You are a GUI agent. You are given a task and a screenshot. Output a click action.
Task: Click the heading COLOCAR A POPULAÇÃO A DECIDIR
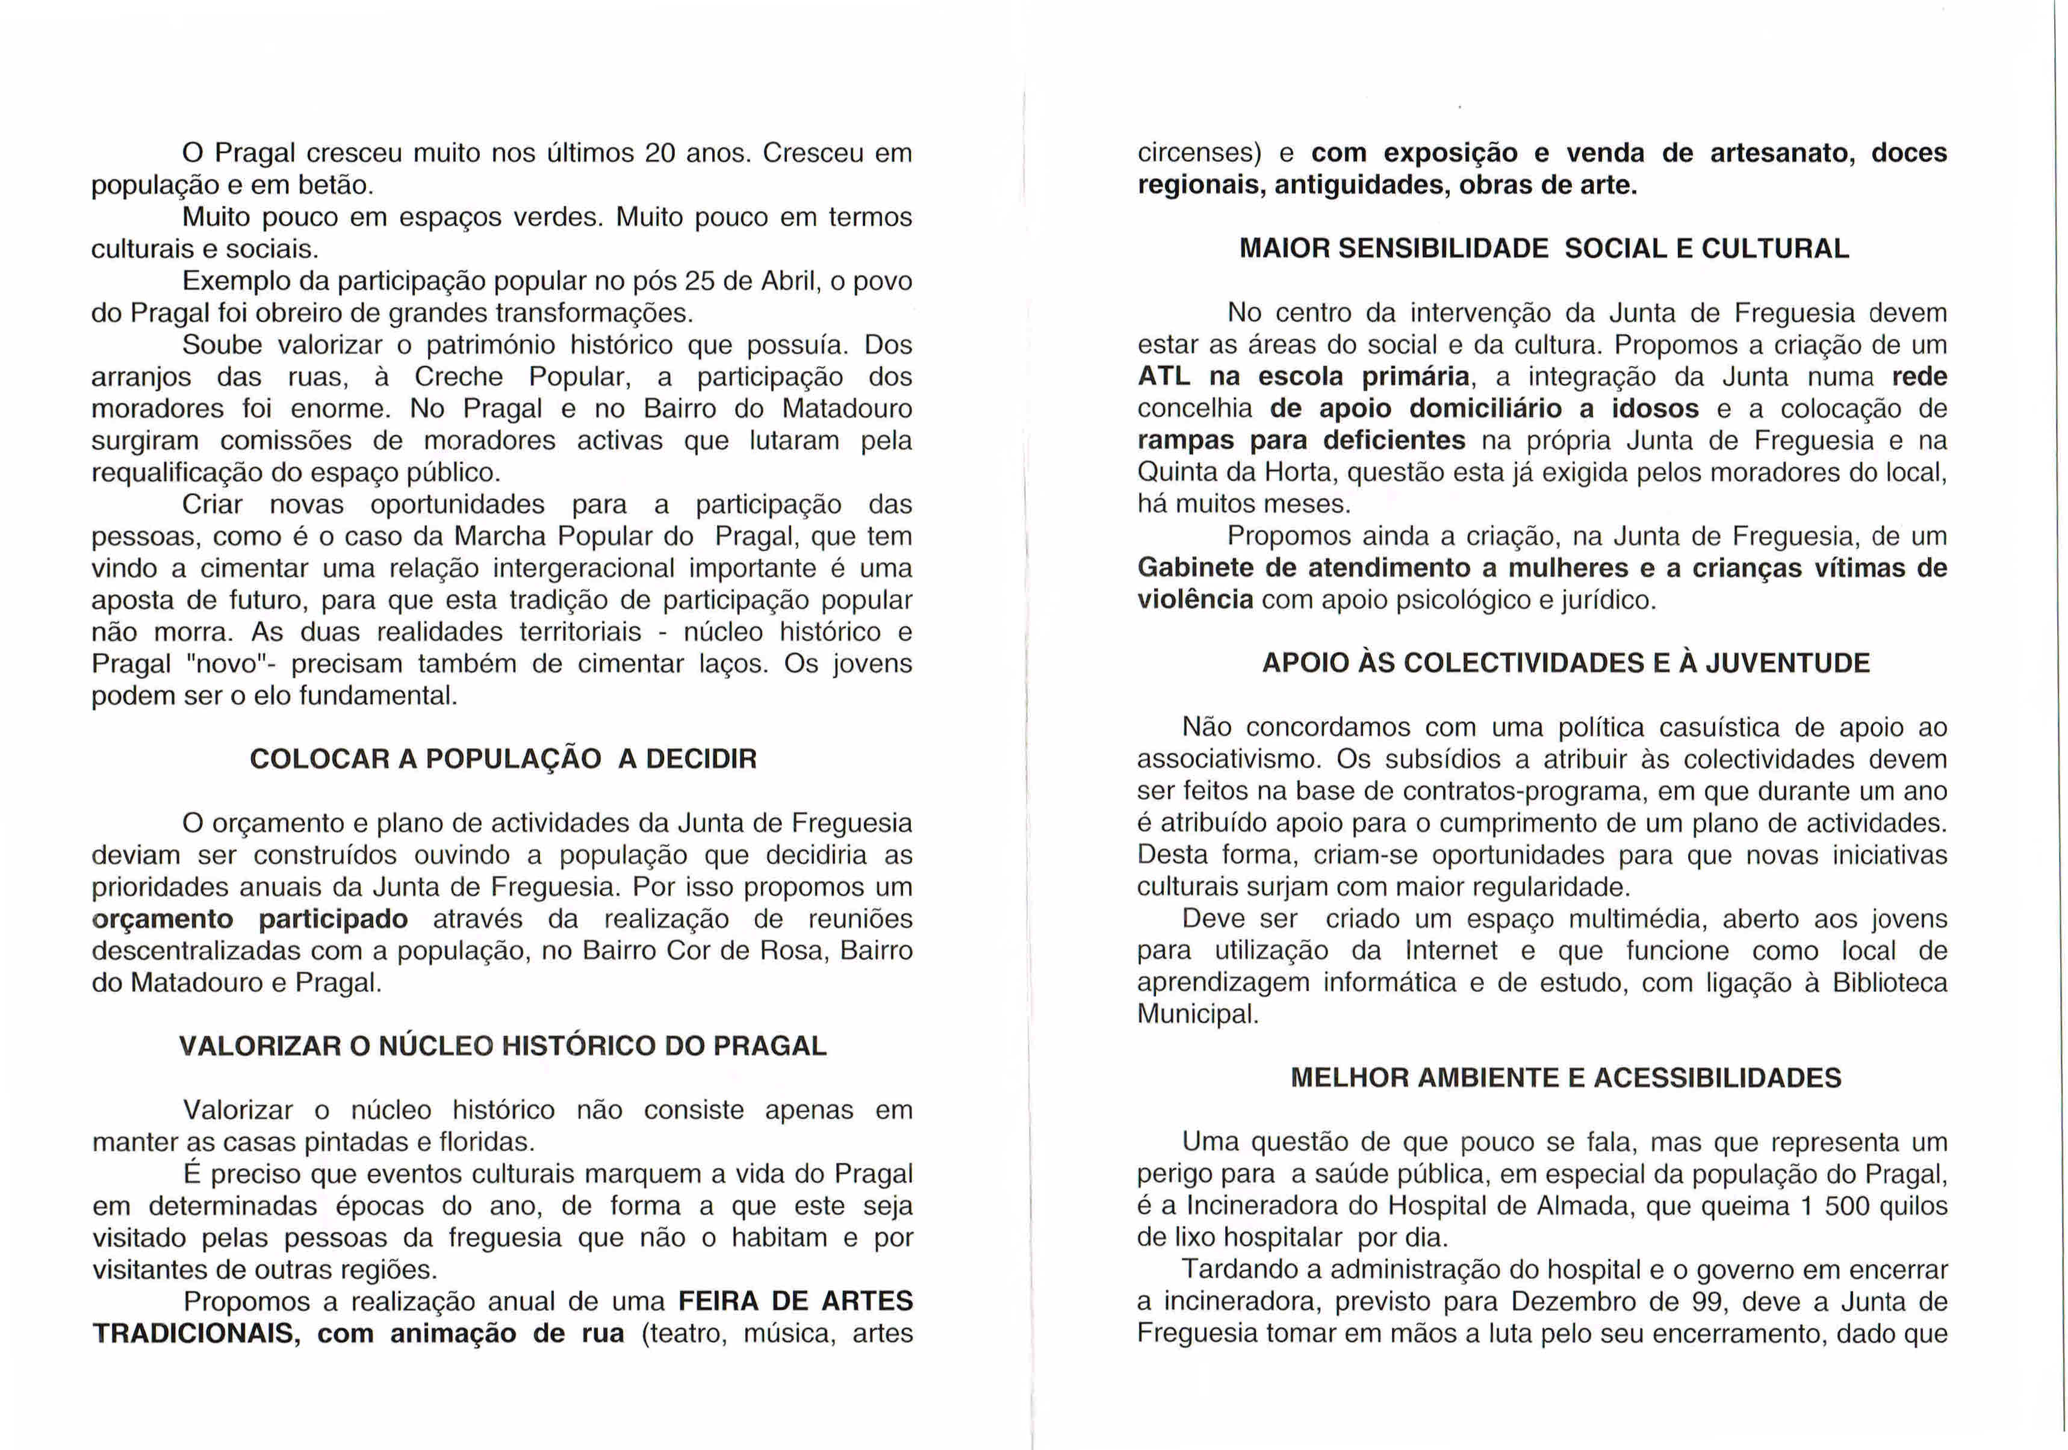503,759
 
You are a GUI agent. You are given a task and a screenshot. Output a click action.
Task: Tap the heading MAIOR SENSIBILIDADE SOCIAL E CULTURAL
1544,249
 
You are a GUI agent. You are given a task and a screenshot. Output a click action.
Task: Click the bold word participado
334,920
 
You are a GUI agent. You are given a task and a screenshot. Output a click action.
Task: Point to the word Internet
1451,951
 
